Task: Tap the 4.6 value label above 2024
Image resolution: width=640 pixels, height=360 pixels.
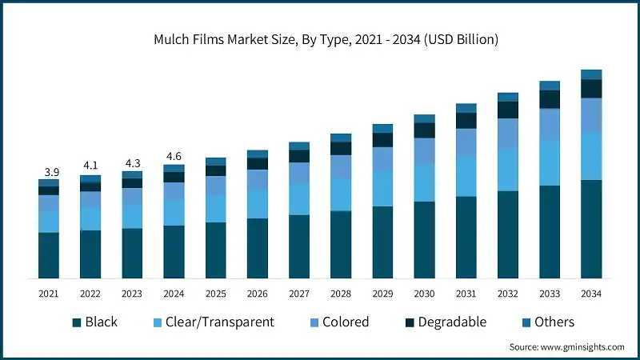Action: tap(174, 157)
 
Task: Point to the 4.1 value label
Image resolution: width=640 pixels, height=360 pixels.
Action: tap(90, 166)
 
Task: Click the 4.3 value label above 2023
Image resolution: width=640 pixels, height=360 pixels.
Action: tap(132, 162)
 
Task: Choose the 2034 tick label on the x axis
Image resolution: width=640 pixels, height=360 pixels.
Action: tap(590, 294)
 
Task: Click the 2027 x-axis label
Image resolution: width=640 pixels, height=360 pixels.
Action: tap(298, 294)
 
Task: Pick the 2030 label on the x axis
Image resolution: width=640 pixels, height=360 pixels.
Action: tap(424, 294)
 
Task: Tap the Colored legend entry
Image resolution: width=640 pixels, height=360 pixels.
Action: tap(337, 322)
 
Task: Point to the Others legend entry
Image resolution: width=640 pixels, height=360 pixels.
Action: tap(546, 322)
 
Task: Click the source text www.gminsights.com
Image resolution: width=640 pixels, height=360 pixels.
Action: tap(566, 347)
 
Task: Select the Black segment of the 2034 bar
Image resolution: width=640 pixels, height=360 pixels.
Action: tap(591, 229)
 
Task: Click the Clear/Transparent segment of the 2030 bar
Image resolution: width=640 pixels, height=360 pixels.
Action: tap(425, 182)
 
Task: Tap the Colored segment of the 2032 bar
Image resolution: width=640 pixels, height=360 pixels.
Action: tap(508, 133)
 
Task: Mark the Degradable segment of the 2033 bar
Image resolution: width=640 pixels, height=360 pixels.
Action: tap(550, 99)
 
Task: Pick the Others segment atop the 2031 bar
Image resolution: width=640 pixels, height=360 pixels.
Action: tap(466, 108)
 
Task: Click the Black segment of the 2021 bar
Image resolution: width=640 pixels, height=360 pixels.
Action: tap(49, 255)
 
